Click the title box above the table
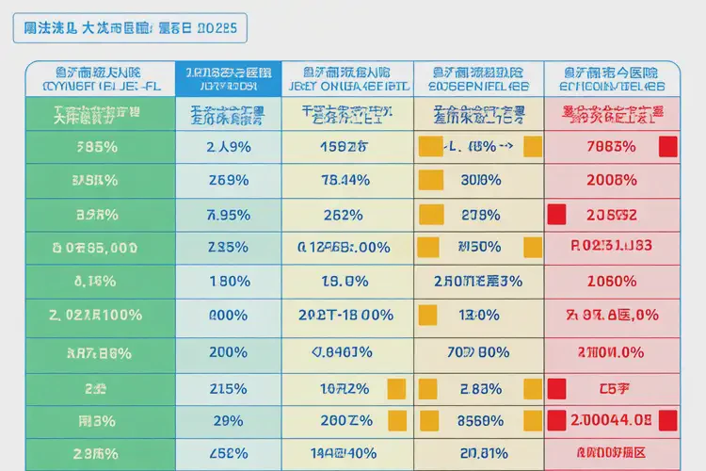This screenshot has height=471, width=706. click(x=131, y=28)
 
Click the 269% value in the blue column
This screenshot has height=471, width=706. click(x=228, y=180)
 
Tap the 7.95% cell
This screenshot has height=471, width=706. click(x=228, y=214)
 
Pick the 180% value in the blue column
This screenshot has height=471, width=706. click(x=228, y=281)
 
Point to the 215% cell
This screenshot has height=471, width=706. click(x=228, y=388)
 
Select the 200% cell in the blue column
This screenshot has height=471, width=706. click(x=228, y=352)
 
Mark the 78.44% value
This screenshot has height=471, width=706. click(x=345, y=180)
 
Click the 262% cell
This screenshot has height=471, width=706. click(x=345, y=214)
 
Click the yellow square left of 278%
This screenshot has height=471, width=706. click(x=429, y=214)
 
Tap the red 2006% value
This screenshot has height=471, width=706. click(x=612, y=180)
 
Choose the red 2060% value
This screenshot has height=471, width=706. click(x=612, y=281)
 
